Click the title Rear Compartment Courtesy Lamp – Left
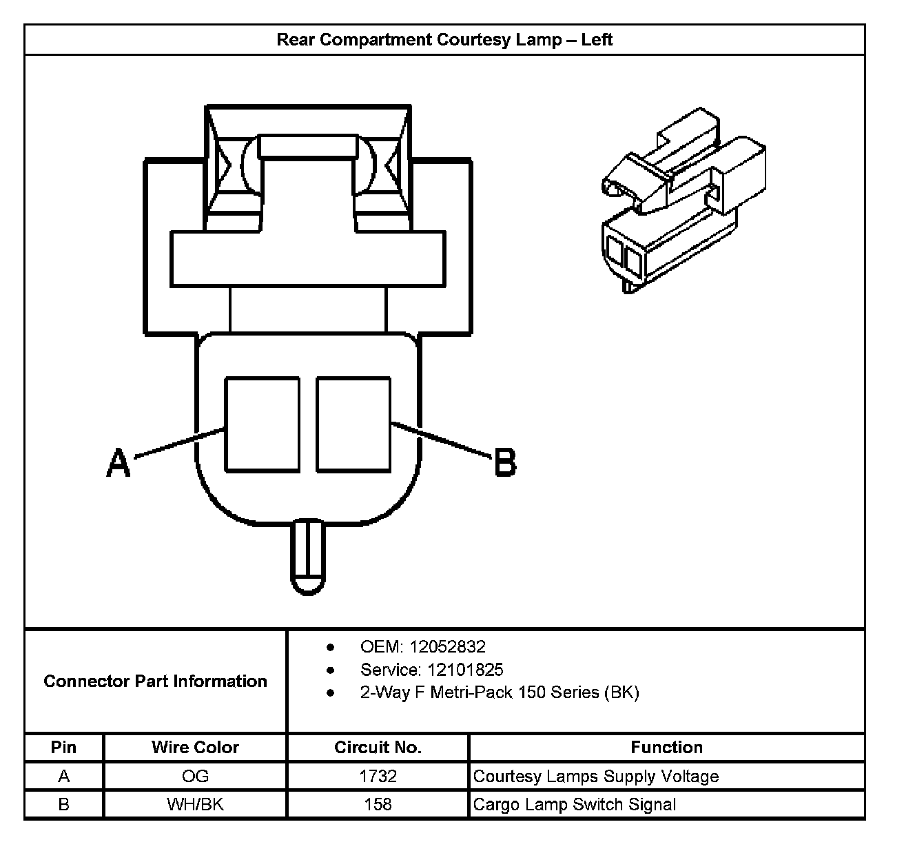444,39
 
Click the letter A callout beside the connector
119,462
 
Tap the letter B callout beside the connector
505,462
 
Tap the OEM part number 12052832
447,647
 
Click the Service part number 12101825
465,670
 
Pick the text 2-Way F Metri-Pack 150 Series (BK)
500,692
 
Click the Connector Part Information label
155,681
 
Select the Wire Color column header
195,748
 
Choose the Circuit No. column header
378,748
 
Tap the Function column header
666,748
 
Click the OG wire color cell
195,777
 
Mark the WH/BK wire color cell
195,804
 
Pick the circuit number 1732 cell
378,777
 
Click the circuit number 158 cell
378,804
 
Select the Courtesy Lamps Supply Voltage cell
596,777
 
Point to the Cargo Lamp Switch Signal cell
575,804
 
